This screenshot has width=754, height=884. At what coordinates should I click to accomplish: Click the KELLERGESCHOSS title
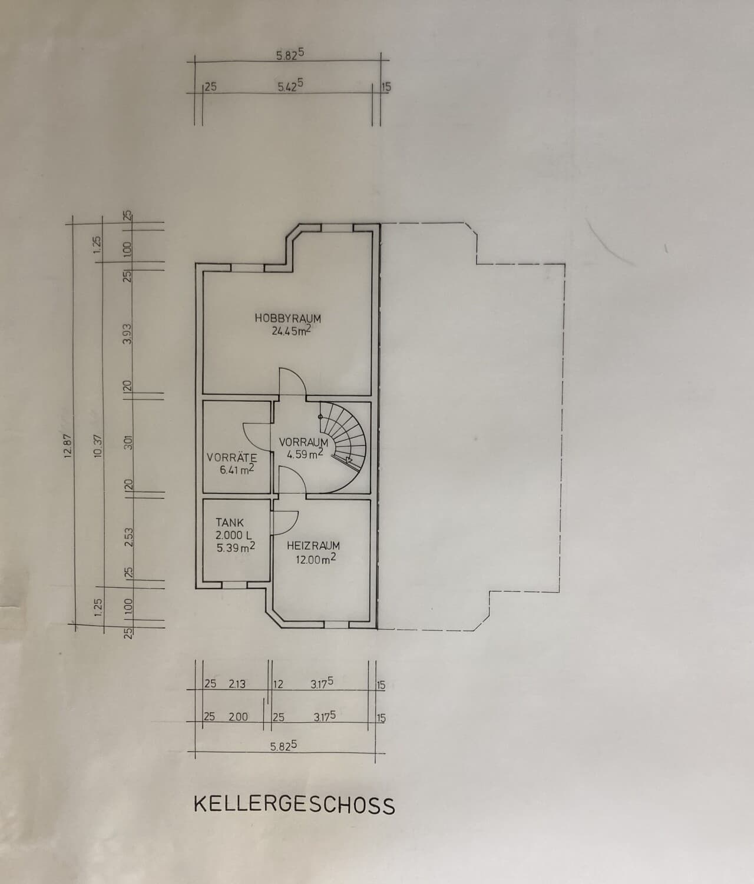pos(294,805)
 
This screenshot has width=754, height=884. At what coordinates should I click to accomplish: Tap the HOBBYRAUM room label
pos(287,318)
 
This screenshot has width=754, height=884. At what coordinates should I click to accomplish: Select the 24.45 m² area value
pos(291,331)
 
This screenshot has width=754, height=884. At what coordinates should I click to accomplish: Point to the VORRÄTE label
pos(232,457)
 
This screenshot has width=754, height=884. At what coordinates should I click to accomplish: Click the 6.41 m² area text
pos(237,470)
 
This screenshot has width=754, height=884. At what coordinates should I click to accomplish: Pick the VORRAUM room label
pos(303,442)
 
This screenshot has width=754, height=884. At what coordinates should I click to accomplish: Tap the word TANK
pos(230,523)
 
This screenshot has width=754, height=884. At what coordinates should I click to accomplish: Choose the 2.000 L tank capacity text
pos(234,535)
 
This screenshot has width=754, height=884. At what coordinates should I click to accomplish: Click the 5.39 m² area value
pos(236,547)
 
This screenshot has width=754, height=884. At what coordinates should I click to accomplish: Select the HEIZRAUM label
pos(313,546)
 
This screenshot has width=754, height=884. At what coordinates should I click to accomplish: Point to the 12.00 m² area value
pos(316,559)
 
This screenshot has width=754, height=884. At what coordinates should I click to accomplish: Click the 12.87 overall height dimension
pos(68,446)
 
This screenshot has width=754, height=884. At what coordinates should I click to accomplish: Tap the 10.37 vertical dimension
pos(98,446)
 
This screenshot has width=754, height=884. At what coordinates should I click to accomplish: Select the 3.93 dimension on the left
pos(128,334)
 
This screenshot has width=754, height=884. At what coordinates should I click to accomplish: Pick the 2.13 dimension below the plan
pos(237,684)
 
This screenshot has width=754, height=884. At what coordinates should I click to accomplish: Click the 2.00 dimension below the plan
pos(238,717)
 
